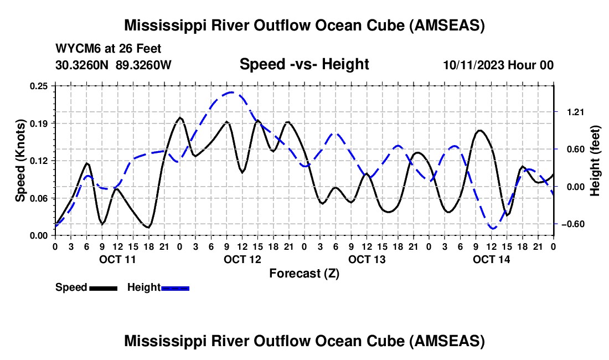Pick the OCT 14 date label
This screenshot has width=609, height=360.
491,259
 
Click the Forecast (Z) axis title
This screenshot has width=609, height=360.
304,273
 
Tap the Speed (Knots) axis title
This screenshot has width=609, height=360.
20,160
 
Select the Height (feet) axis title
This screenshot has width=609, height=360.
595,160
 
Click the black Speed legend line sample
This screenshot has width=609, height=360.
103,287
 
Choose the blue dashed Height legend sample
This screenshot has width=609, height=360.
175,287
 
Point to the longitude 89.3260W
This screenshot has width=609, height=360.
144,65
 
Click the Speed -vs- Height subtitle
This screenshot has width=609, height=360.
304,64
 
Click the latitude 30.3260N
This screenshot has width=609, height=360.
82,65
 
